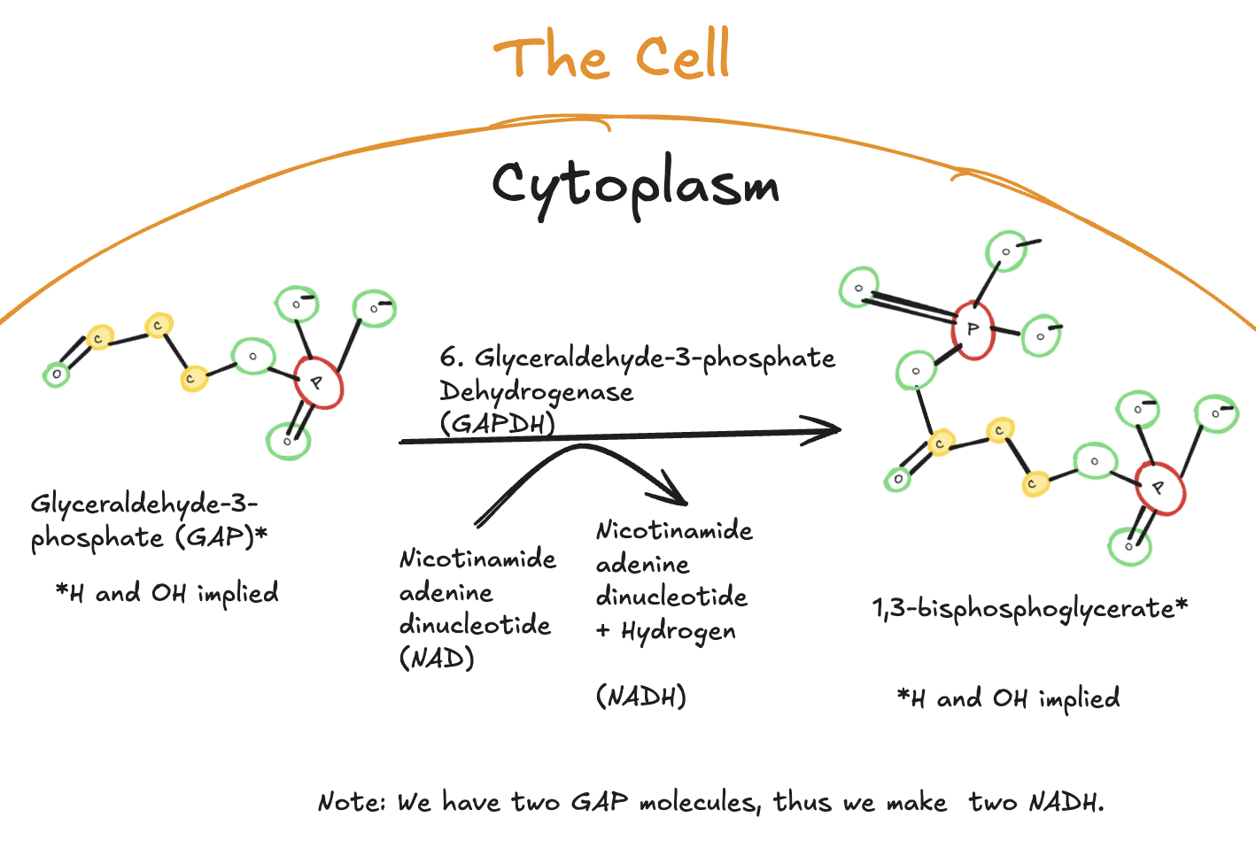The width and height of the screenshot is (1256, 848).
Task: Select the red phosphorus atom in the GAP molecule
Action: [x=318, y=382]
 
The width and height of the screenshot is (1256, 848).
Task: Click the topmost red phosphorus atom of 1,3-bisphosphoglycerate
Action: [x=973, y=330]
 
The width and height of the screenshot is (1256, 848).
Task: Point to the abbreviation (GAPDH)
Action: [x=497, y=424]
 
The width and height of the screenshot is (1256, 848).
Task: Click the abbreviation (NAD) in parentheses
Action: [x=437, y=659]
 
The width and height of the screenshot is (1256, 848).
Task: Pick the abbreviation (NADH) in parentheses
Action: [x=640, y=697]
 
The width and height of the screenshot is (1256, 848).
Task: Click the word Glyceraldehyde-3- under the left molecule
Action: [x=143, y=505]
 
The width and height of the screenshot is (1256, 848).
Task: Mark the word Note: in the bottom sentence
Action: [x=352, y=802]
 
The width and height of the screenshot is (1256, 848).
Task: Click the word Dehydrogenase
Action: [x=536, y=392]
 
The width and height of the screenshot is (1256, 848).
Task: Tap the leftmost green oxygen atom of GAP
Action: [x=57, y=375]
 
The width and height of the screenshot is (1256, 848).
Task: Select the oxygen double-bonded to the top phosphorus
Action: [x=858, y=288]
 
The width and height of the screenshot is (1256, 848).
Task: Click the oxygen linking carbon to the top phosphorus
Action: [x=915, y=371]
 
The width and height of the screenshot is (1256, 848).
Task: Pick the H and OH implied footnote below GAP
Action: [x=167, y=593]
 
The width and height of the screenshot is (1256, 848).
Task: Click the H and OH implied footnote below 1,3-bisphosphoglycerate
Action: [x=1009, y=698]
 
